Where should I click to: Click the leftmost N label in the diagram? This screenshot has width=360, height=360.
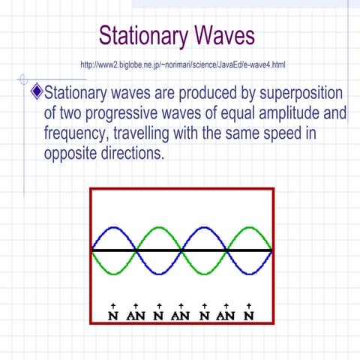[x=113, y=315]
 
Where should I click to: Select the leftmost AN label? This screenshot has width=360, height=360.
[x=136, y=315]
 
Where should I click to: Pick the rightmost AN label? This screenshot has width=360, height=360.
[x=226, y=315]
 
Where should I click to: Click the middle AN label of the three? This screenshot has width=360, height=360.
[x=181, y=315]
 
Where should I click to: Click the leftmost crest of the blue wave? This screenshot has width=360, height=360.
[x=113, y=227]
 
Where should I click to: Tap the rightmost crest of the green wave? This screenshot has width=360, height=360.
[x=249, y=227]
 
